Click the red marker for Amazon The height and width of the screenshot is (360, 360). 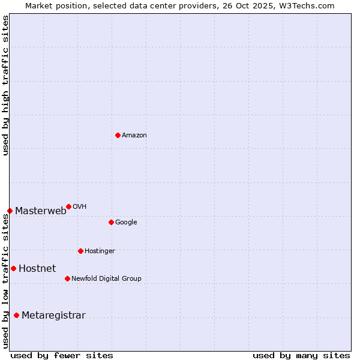point(118,135)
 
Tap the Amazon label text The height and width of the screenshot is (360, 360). point(134,136)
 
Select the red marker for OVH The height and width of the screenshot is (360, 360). point(68,206)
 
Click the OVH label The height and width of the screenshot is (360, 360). point(80,207)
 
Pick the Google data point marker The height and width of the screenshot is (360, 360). point(111,222)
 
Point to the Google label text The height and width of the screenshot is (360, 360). point(126,223)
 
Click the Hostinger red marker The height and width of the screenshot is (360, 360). point(80,251)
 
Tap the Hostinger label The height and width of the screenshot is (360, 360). point(100,251)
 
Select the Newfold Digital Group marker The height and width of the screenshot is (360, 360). point(67,278)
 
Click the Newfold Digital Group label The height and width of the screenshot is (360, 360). point(106,279)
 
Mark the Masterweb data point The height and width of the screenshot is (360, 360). point(10,211)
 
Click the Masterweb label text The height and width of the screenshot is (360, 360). point(41,211)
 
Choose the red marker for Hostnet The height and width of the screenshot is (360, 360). point(13,268)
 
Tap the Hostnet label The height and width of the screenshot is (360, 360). point(37,268)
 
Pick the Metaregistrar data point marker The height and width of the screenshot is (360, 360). point(16,315)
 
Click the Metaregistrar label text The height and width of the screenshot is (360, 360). point(53,316)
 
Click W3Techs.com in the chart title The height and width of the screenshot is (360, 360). point(310,6)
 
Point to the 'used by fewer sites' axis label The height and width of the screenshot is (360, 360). point(62,355)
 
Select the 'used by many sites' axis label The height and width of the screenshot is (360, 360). point(301,355)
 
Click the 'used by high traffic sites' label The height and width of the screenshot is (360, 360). point(6,85)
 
